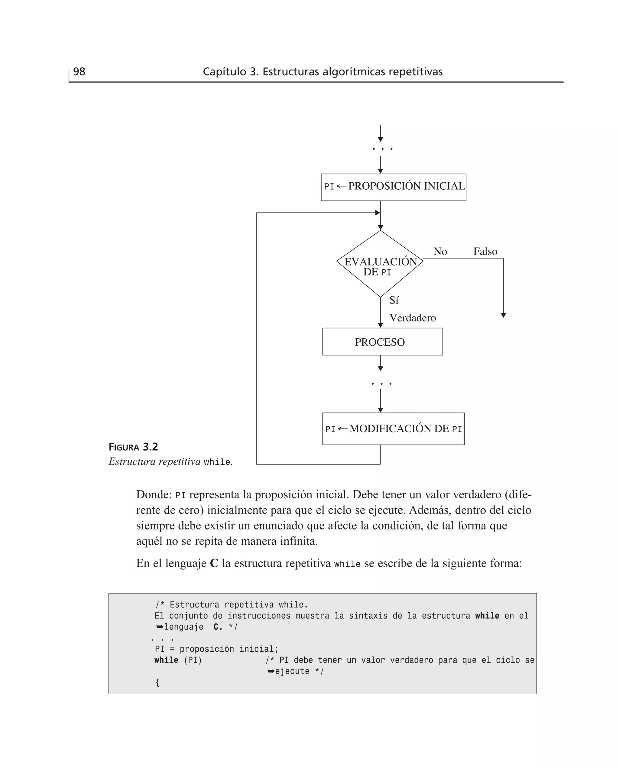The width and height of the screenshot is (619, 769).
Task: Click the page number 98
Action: (x=79, y=72)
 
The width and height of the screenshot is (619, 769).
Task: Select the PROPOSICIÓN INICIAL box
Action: (x=393, y=187)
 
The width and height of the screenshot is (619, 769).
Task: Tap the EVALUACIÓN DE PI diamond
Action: (x=380, y=264)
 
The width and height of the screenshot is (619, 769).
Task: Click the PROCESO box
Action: (x=382, y=342)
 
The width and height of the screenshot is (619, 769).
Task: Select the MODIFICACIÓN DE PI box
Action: (x=393, y=429)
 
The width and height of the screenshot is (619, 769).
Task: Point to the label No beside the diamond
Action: (x=440, y=252)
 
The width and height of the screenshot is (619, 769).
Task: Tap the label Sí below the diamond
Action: (x=394, y=300)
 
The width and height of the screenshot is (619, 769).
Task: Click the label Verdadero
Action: (x=413, y=318)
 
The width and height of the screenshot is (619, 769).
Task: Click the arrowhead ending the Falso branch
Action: (x=503, y=315)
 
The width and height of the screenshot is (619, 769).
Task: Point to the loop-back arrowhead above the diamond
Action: (x=378, y=213)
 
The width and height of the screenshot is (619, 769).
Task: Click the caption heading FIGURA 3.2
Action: (x=133, y=447)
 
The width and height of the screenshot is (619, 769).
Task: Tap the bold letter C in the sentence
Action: (x=214, y=563)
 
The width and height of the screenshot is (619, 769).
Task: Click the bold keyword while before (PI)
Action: (x=166, y=660)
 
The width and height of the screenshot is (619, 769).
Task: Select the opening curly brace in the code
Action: (x=157, y=682)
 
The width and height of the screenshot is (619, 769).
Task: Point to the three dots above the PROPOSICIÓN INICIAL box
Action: (x=382, y=149)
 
